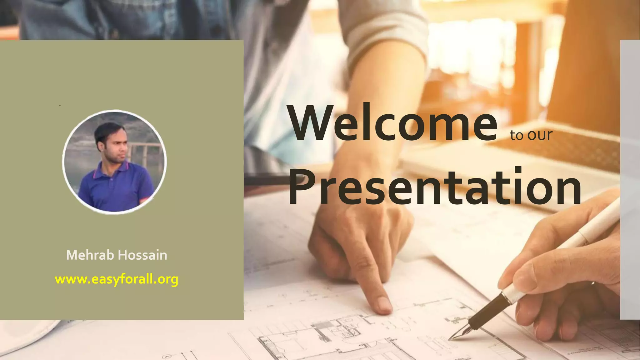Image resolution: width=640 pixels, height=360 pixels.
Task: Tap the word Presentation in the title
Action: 434,187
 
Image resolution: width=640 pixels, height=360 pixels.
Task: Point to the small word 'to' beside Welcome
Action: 517,135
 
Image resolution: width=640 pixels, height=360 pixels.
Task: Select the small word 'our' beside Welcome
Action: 540,135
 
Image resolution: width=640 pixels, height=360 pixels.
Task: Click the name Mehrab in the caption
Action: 90,255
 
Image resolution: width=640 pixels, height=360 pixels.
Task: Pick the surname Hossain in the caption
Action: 142,255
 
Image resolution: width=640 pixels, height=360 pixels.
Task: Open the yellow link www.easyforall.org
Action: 116,279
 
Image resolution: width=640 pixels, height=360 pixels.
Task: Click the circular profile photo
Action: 114,162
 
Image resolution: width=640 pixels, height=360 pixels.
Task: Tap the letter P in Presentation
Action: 302,187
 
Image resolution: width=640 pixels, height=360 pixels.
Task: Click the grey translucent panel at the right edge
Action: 630,180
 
